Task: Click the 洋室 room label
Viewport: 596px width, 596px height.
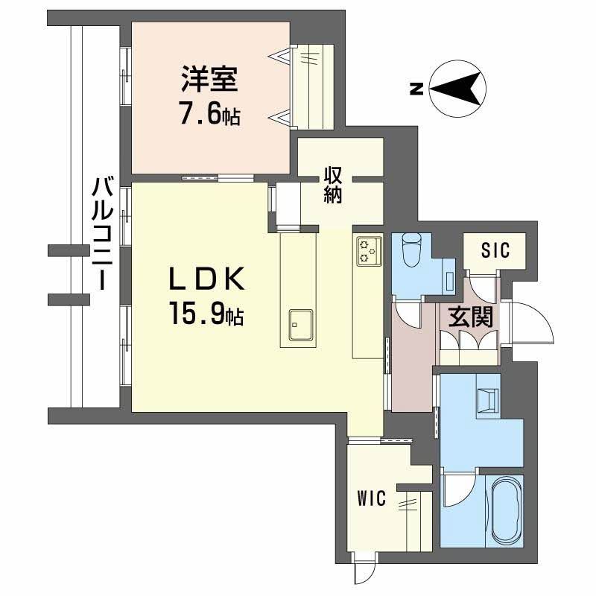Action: pyautogui.click(x=209, y=80)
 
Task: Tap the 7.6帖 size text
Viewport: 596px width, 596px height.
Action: pyautogui.click(x=209, y=115)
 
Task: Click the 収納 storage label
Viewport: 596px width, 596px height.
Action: pyautogui.click(x=332, y=186)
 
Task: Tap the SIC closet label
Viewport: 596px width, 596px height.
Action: pyautogui.click(x=495, y=250)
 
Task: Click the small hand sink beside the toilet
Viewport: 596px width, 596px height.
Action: pyautogui.click(x=451, y=277)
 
